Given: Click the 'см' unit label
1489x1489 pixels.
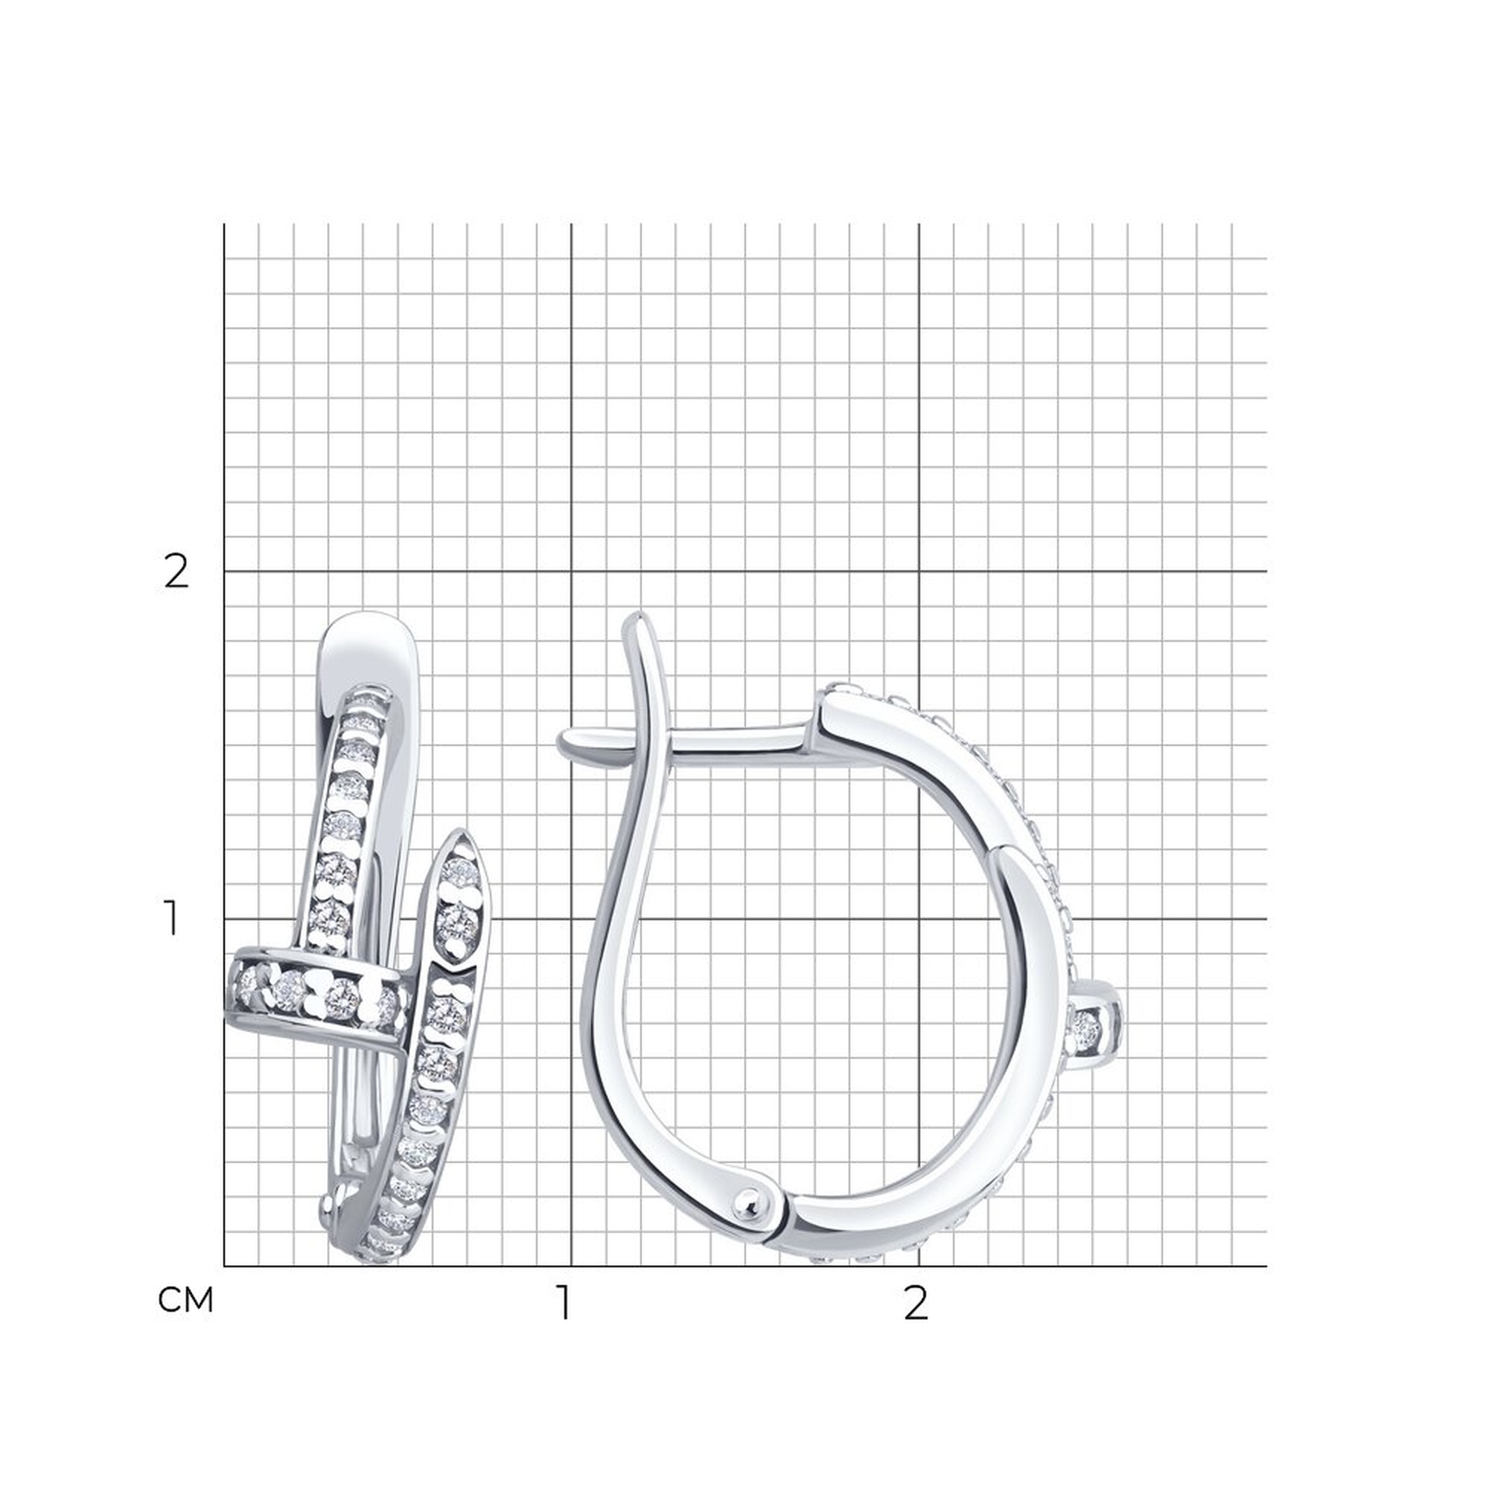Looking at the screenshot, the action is pos(185,1300).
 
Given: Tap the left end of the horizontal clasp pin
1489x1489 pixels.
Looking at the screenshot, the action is pos(561,742).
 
